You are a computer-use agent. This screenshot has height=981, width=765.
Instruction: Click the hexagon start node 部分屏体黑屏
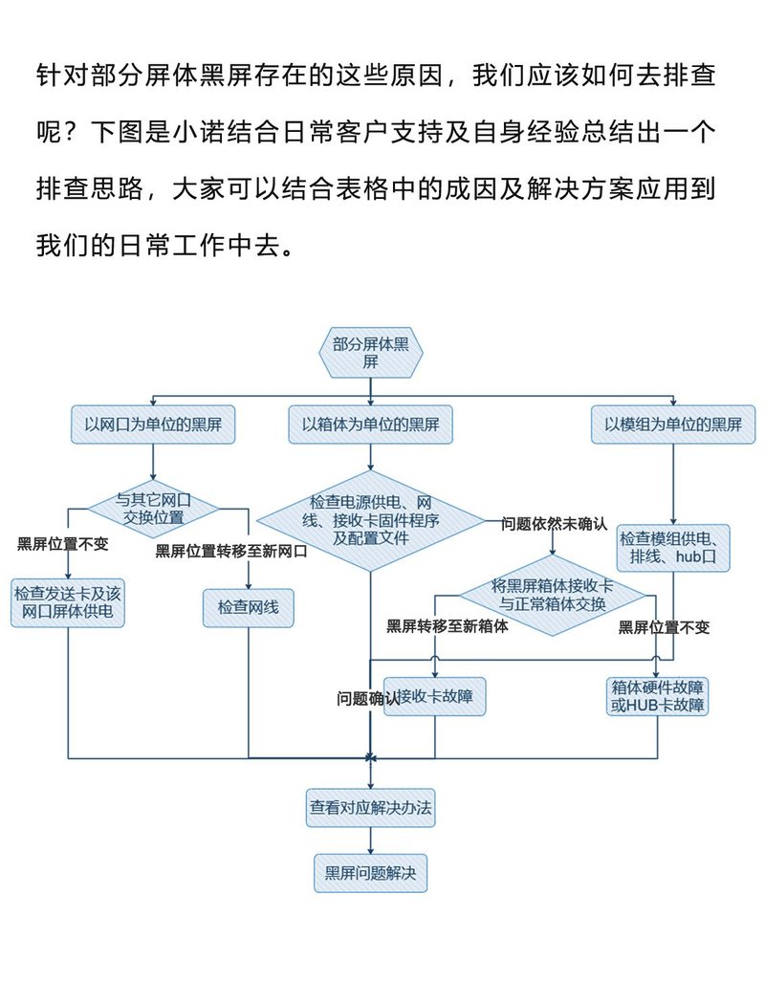tap(370, 353)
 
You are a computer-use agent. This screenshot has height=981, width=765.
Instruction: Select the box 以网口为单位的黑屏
tap(153, 425)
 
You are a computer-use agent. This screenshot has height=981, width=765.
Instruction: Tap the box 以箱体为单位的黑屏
tap(370, 425)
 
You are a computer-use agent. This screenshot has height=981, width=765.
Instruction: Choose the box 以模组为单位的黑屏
tap(673, 425)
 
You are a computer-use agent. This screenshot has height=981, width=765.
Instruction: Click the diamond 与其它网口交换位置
tap(153, 508)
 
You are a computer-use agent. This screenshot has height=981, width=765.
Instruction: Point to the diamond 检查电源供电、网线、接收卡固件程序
tap(370, 521)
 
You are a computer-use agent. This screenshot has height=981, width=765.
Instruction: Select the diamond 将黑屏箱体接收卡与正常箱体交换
tap(553, 596)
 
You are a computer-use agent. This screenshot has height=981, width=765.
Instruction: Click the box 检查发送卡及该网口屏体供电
tap(69, 602)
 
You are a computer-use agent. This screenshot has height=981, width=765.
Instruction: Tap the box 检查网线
tap(248, 607)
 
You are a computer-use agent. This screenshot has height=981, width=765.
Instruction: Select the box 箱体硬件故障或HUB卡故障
tap(658, 696)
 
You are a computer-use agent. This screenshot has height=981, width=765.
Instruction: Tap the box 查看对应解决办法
tap(370, 808)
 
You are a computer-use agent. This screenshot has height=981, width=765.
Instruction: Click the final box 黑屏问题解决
tap(370, 872)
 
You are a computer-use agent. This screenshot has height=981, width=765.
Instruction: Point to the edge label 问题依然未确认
tap(554, 523)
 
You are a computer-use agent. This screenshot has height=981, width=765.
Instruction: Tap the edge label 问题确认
tap(361, 698)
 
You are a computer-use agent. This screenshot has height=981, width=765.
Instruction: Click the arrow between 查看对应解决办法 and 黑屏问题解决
tap(370, 839)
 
